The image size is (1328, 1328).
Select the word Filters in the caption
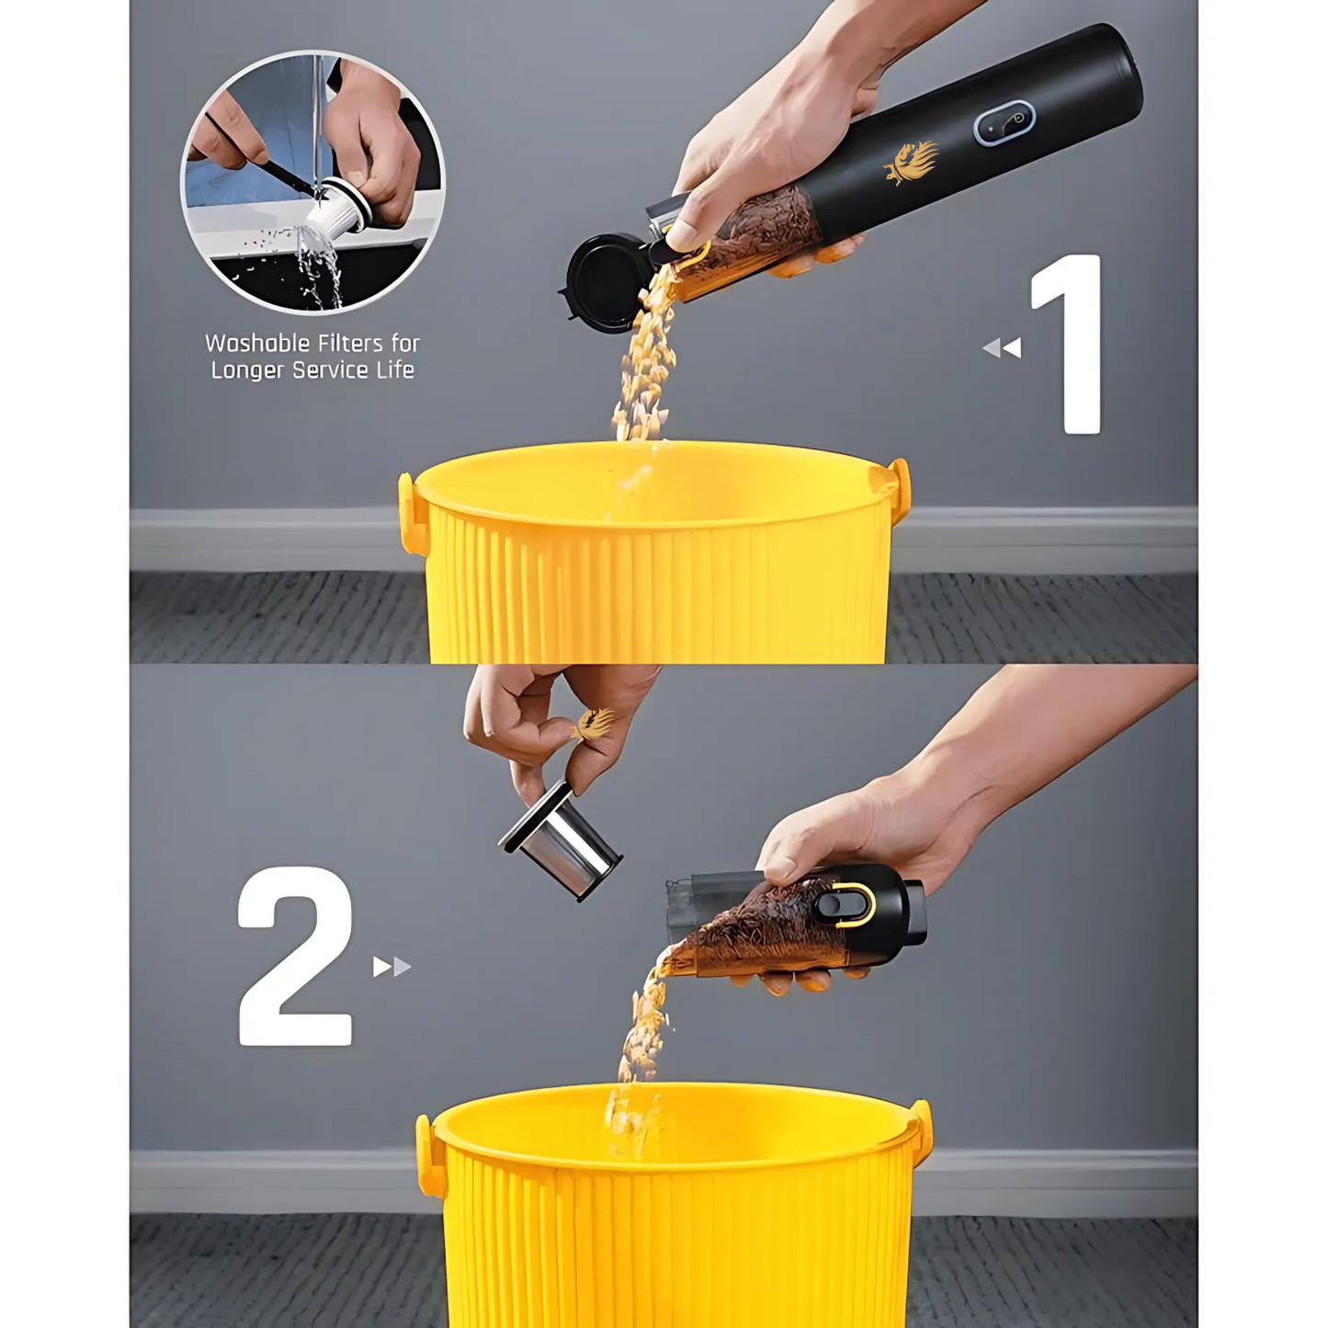click(355, 343)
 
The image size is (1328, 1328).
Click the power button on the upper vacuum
click(1005, 121)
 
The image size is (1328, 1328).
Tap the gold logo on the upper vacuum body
click(910, 163)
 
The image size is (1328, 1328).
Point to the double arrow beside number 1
click(1002, 348)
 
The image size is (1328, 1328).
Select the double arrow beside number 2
click(392, 967)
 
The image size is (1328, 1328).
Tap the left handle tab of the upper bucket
click(412, 514)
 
